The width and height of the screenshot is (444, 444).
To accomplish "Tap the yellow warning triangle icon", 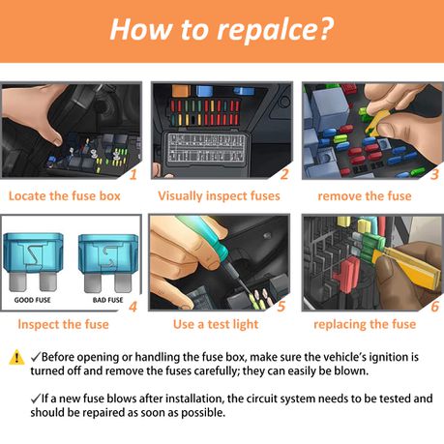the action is tap(16, 357).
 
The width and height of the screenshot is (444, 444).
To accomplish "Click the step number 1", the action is tap(133, 174).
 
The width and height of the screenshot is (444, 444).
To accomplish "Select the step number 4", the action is tap(133, 307).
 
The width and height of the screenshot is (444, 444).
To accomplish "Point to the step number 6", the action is tap(434, 307).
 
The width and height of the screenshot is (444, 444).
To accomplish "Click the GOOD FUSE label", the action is tap(32, 300).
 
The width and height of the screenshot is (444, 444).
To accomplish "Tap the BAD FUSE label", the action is tap(107, 300).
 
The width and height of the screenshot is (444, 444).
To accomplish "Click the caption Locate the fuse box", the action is tap(64, 196).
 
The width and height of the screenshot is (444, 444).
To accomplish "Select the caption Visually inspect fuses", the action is tap(219, 196).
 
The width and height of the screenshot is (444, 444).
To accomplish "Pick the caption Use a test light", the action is tap(216, 324).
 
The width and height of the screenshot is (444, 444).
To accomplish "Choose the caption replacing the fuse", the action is tap(365, 324).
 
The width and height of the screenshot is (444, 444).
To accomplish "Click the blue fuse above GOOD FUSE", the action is tap(34, 261).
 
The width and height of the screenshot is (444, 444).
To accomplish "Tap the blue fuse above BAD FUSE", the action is tap(108, 263).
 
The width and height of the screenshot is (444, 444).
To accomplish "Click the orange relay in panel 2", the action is tap(181, 91).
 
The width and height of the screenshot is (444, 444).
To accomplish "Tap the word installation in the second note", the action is tap(194, 399).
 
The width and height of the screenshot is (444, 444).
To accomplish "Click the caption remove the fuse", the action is tap(365, 196).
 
